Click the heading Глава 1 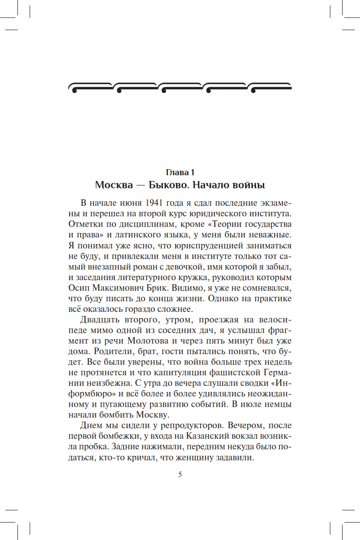click(180, 172)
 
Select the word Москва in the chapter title click(114, 185)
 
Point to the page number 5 click(180, 475)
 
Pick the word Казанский click(206, 435)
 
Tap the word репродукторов click(190, 425)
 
